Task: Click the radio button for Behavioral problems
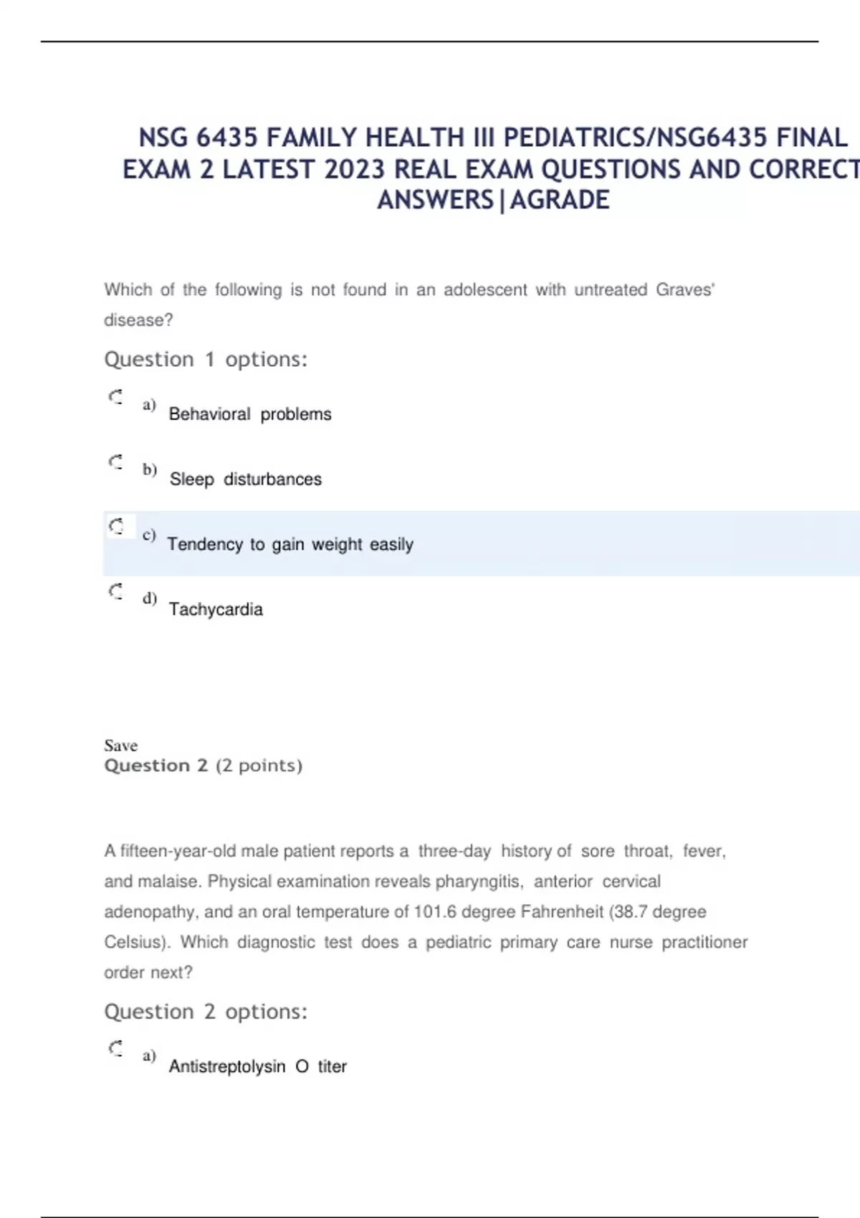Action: [115, 397]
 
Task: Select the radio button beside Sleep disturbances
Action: [115, 462]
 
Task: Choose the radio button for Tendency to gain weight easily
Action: [116, 527]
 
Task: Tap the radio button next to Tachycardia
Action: [115, 592]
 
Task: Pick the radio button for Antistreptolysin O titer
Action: [115, 1048]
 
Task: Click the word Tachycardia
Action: [216, 610]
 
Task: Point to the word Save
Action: [120, 745]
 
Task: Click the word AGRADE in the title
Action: [560, 200]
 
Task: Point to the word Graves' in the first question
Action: [685, 289]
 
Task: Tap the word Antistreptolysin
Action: [227, 1067]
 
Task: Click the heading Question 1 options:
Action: [206, 359]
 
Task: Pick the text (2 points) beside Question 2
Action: [259, 765]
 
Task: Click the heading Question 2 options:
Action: [206, 1012]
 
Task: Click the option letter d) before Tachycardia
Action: [149, 598]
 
